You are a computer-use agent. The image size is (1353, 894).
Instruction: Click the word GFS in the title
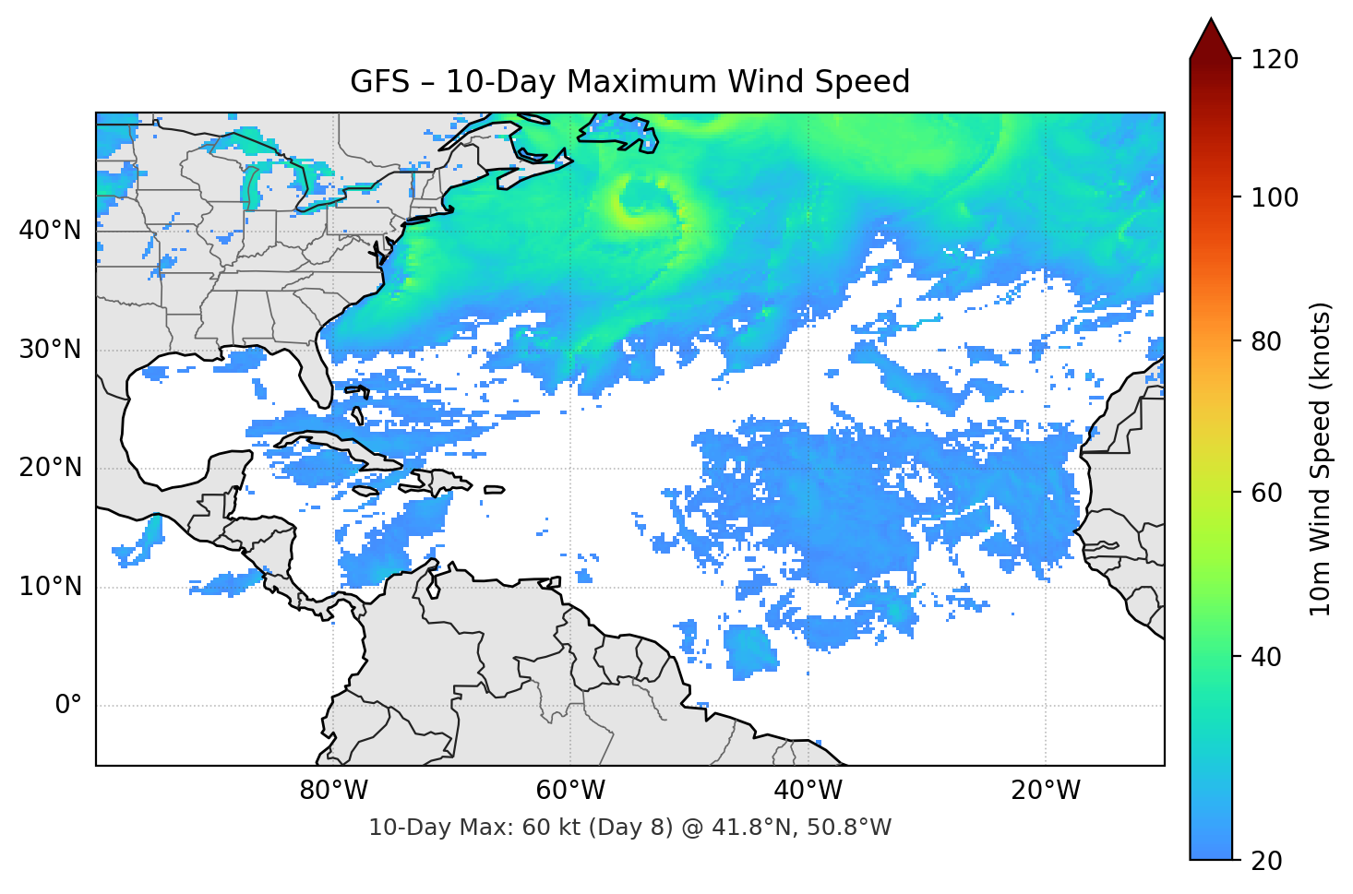[379, 82]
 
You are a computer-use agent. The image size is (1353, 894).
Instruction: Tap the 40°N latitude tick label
[50, 231]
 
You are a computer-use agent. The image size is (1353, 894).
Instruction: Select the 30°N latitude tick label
[50, 350]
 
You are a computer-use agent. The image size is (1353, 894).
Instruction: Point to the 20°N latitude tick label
[50, 468]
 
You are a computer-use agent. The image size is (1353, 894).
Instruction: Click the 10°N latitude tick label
[50, 587]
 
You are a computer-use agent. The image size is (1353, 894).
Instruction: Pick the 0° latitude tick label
[67, 706]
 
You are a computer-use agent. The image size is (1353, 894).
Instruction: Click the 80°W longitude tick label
[333, 791]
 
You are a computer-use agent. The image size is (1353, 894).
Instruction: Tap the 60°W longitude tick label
[570, 791]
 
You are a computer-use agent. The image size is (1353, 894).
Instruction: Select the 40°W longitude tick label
[808, 791]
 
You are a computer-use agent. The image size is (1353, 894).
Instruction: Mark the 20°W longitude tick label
[1046, 791]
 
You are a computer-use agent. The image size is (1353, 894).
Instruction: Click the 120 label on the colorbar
[1275, 60]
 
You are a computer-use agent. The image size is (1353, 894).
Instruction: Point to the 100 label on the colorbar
[1275, 197]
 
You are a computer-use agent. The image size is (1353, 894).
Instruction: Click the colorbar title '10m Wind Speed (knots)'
[1321, 459]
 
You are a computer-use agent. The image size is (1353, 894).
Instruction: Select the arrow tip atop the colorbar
[1211, 20]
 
